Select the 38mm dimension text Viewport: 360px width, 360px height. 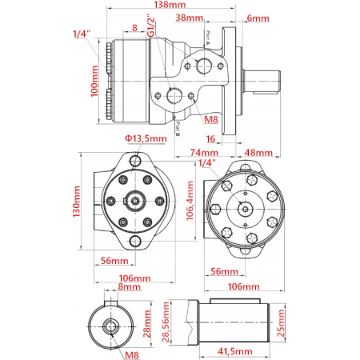point(189,18)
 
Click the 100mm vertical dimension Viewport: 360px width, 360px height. point(94,81)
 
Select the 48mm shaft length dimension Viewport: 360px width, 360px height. point(258,153)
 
